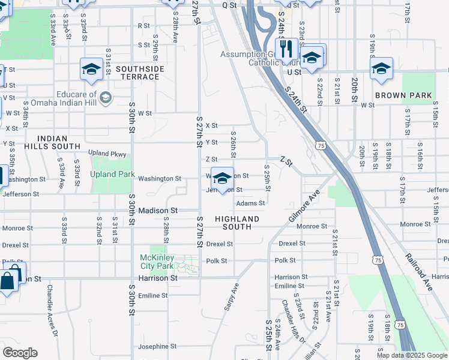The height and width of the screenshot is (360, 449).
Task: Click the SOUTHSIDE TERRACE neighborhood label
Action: coord(140,73)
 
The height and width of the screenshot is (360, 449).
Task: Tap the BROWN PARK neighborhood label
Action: coord(403,95)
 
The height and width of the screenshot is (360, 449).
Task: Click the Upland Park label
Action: coord(112,175)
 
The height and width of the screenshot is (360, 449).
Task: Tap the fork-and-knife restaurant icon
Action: coord(287,49)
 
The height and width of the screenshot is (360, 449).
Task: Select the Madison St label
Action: coord(158,211)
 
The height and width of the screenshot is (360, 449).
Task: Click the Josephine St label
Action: coord(157,346)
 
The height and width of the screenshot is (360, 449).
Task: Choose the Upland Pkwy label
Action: coord(107,153)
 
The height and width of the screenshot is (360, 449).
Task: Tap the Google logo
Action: coord(20,353)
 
